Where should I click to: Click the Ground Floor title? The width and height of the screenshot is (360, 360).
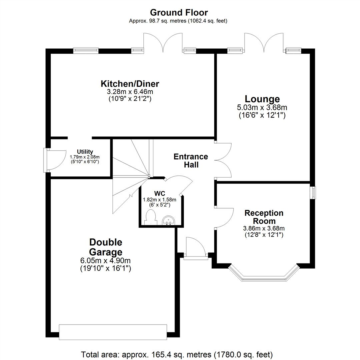click(179, 13)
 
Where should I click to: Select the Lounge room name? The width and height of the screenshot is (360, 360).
click(262, 99)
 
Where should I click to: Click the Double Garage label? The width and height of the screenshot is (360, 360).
click(106, 247)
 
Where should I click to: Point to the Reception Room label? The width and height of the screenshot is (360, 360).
click(264, 217)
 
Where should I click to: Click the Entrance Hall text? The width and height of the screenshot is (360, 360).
click(191, 160)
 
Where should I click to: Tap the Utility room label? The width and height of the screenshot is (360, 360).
click(85, 151)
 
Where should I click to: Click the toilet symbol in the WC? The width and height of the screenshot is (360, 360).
click(151, 217)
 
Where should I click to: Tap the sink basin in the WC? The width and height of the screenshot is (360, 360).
click(168, 220)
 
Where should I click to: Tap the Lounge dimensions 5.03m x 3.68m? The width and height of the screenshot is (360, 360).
click(262, 108)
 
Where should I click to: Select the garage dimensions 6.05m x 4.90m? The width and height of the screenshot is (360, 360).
click(106, 261)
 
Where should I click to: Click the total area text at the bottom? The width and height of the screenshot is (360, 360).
click(177, 354)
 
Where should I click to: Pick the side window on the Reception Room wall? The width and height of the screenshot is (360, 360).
click(313, 193)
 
